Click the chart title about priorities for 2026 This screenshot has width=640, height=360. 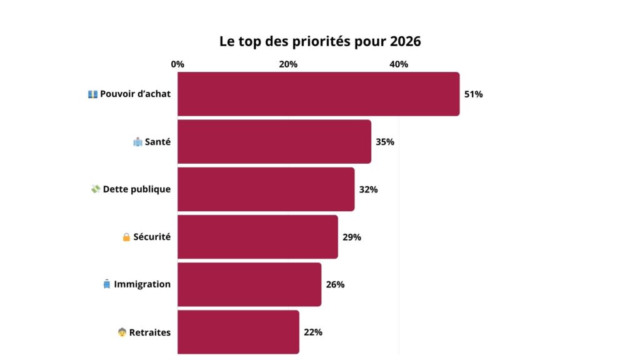[320, 42]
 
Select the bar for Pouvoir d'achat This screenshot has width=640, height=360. [318, 94]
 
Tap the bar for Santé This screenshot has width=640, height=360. [274, 142]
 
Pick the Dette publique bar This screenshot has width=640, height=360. [266, 189]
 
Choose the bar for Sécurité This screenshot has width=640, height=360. [257, 237]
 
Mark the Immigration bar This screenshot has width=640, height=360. [249, 284]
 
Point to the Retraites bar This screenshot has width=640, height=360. [238, 332]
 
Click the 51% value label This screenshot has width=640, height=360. [473, 94]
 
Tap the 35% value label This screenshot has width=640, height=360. [384, 142]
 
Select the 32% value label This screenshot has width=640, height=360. [368, 189]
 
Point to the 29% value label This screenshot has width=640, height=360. [351, 237]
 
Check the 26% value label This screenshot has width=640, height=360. [335, 284]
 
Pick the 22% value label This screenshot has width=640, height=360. [312, 332]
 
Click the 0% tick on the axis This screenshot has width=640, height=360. [177, 64]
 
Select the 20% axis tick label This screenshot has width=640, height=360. [288, 64]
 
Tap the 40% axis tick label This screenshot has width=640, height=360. [399, 64]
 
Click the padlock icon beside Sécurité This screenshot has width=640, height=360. [126, 237]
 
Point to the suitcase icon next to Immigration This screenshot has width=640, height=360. [106, 284]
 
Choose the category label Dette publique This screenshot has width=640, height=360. [136, 189]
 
